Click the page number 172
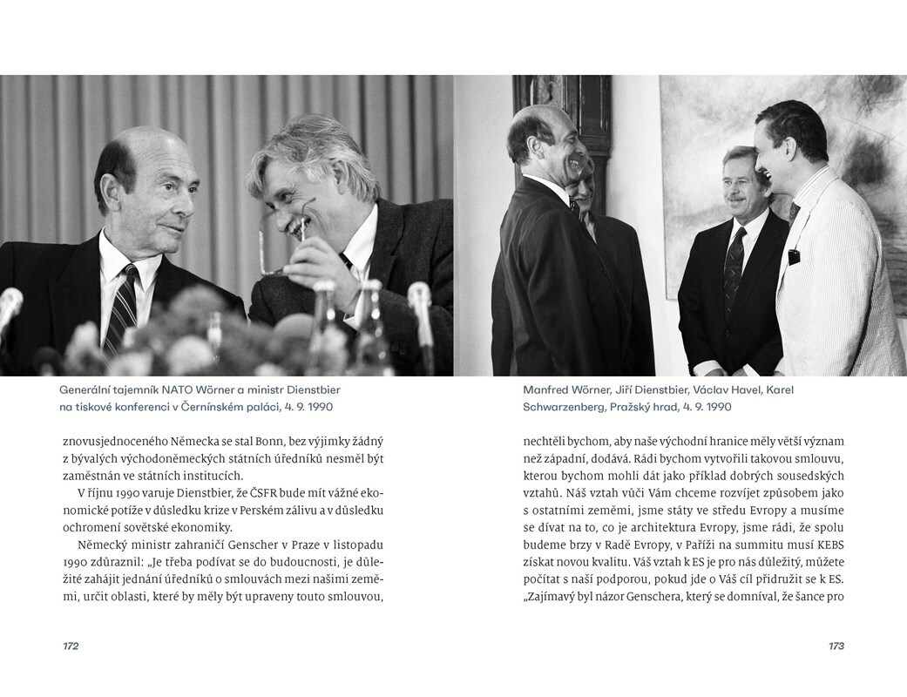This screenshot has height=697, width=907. [x=71, y=646]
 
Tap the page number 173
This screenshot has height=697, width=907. [x=836, y=646]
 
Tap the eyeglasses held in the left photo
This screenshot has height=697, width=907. [x=288, y=240]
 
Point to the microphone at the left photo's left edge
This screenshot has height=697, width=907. [x=9, y=305]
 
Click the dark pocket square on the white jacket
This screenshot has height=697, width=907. [x=794, y=256]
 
